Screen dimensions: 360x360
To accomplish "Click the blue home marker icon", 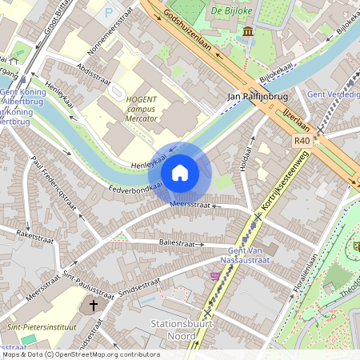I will (x=180, y=173).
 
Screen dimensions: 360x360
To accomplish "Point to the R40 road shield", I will (x=302, y=140).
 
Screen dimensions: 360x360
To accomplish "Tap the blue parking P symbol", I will (x=109, y=12).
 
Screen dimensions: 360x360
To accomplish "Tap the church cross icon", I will (x=93, y=306).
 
